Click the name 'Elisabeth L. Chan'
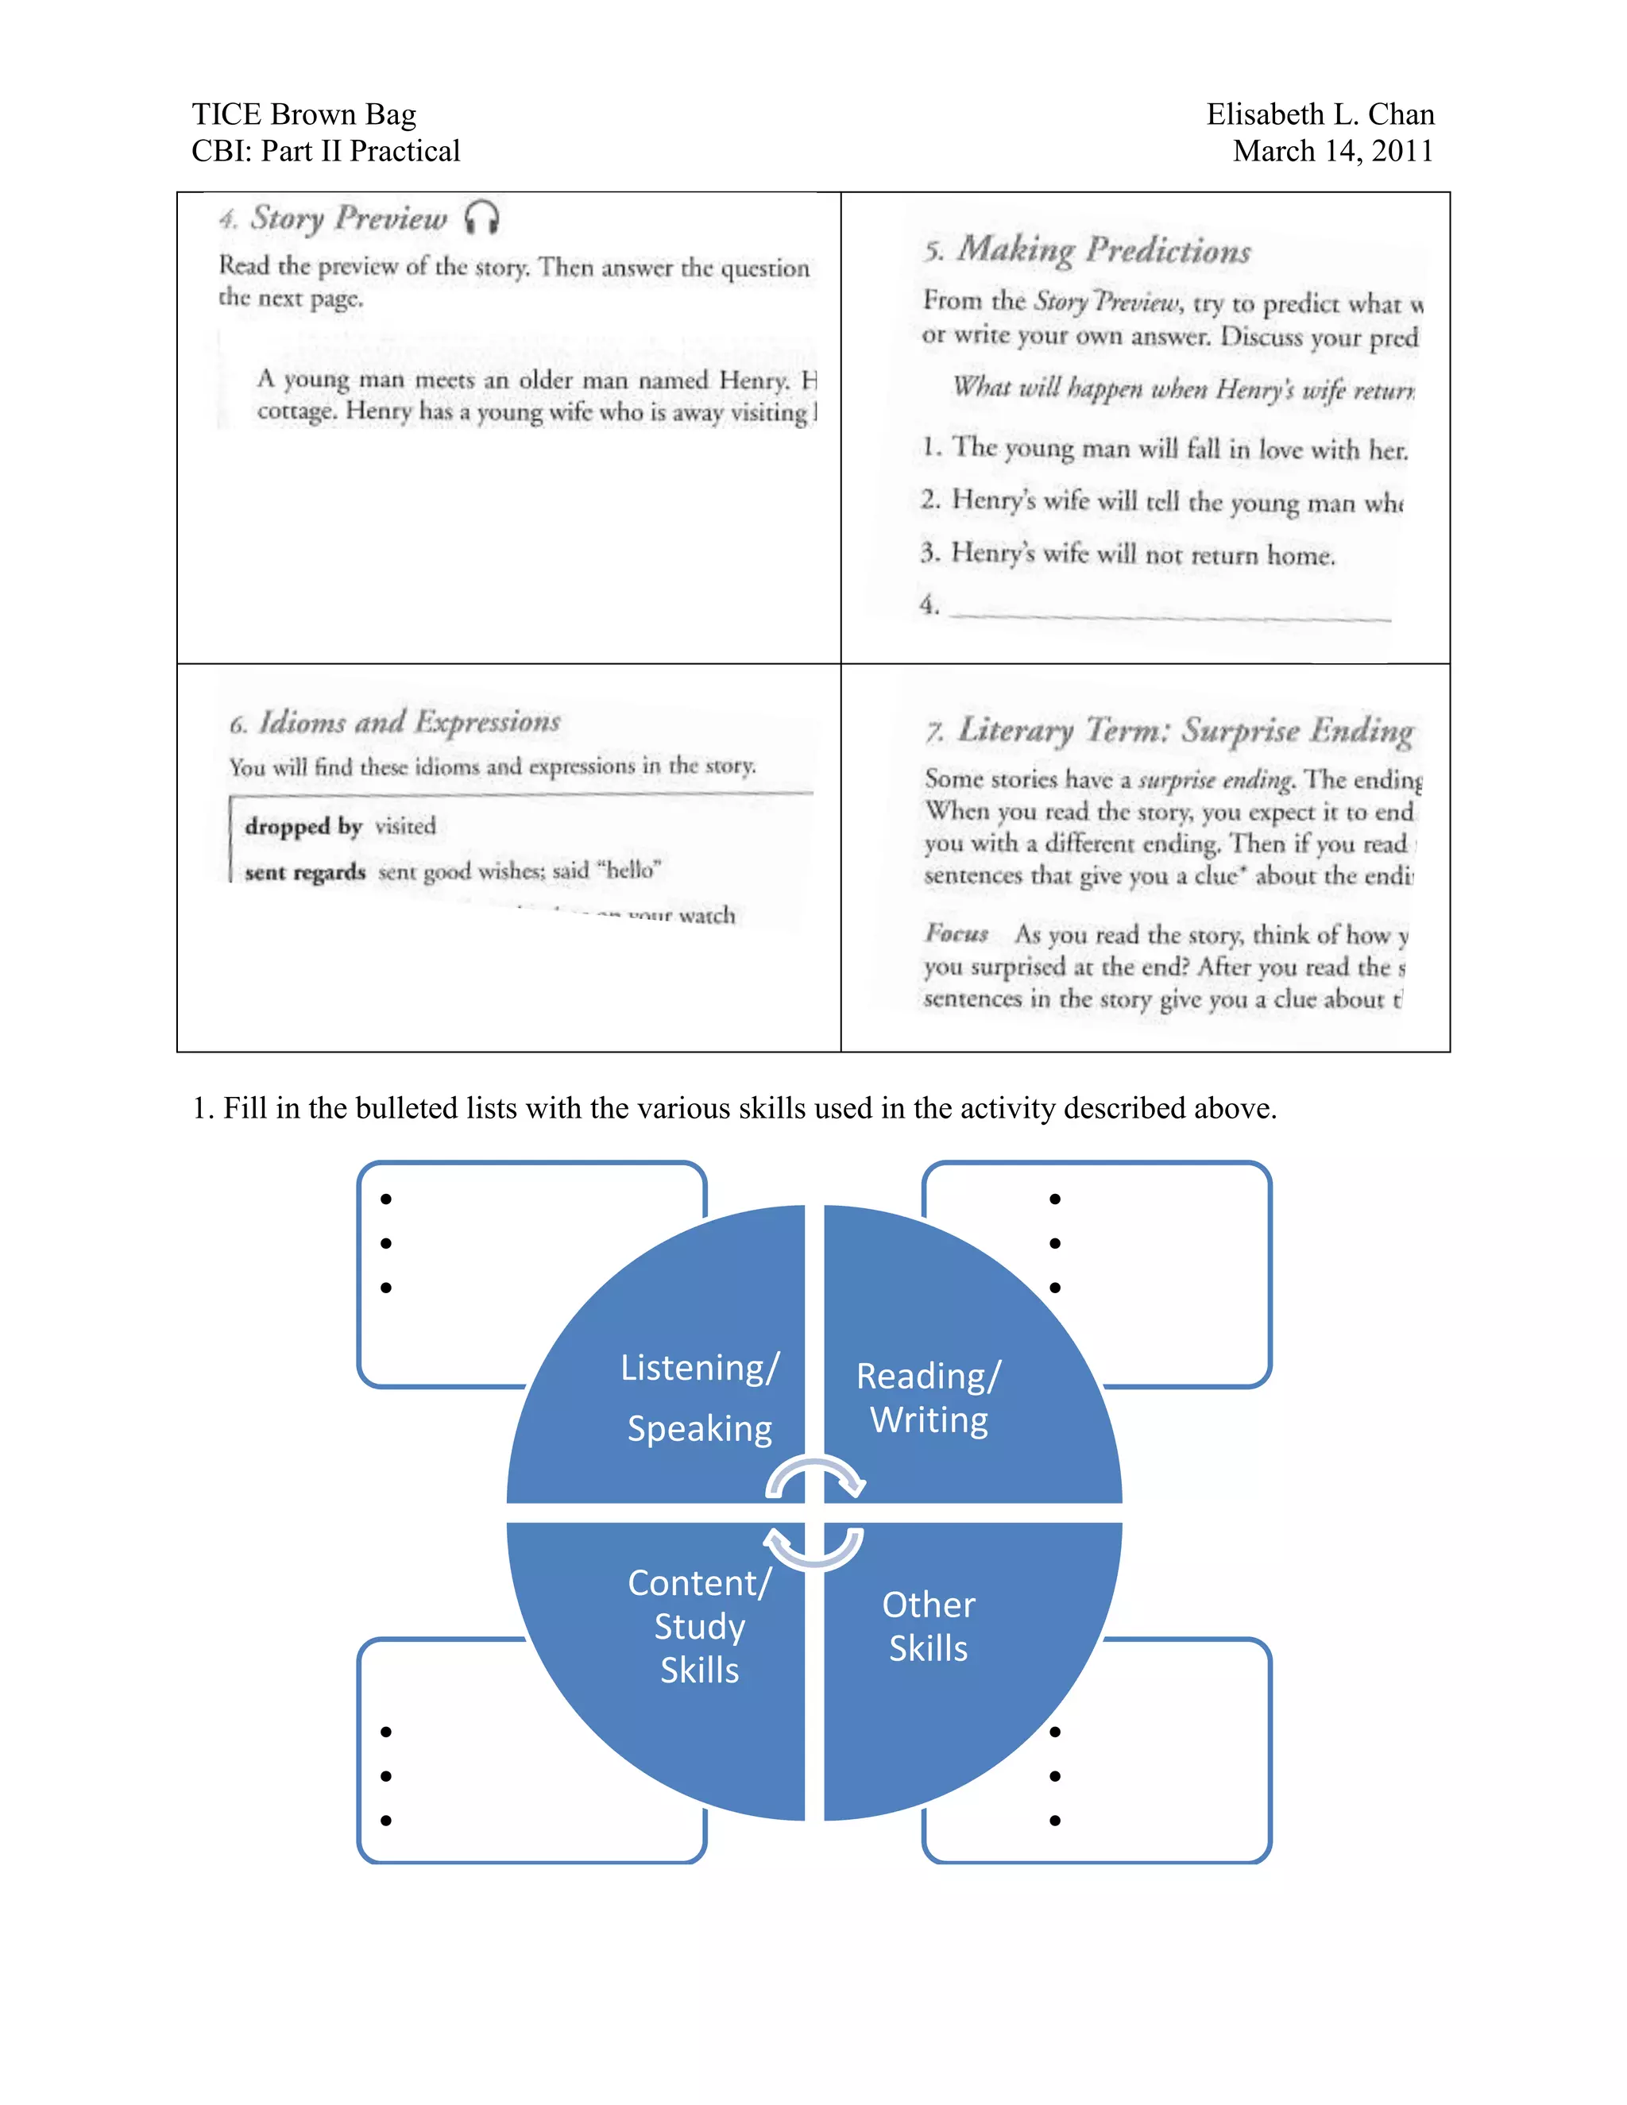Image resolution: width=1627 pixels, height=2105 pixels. [1320, 114]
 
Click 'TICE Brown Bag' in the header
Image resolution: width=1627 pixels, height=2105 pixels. [303, 114]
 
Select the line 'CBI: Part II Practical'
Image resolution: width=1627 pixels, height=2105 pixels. [325, 151]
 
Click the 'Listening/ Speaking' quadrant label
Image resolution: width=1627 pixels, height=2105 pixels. [699, 1396]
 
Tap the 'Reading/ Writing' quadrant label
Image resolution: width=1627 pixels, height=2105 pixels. [928, 1397]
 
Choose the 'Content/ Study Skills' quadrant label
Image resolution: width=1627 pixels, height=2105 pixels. [699, 1626]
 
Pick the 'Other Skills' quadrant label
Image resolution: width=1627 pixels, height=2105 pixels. [928, 1626]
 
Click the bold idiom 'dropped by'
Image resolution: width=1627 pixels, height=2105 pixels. [303, 827]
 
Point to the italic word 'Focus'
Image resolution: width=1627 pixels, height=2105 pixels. [956, 933]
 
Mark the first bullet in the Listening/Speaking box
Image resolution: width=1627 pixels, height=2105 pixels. [385, 1199]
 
